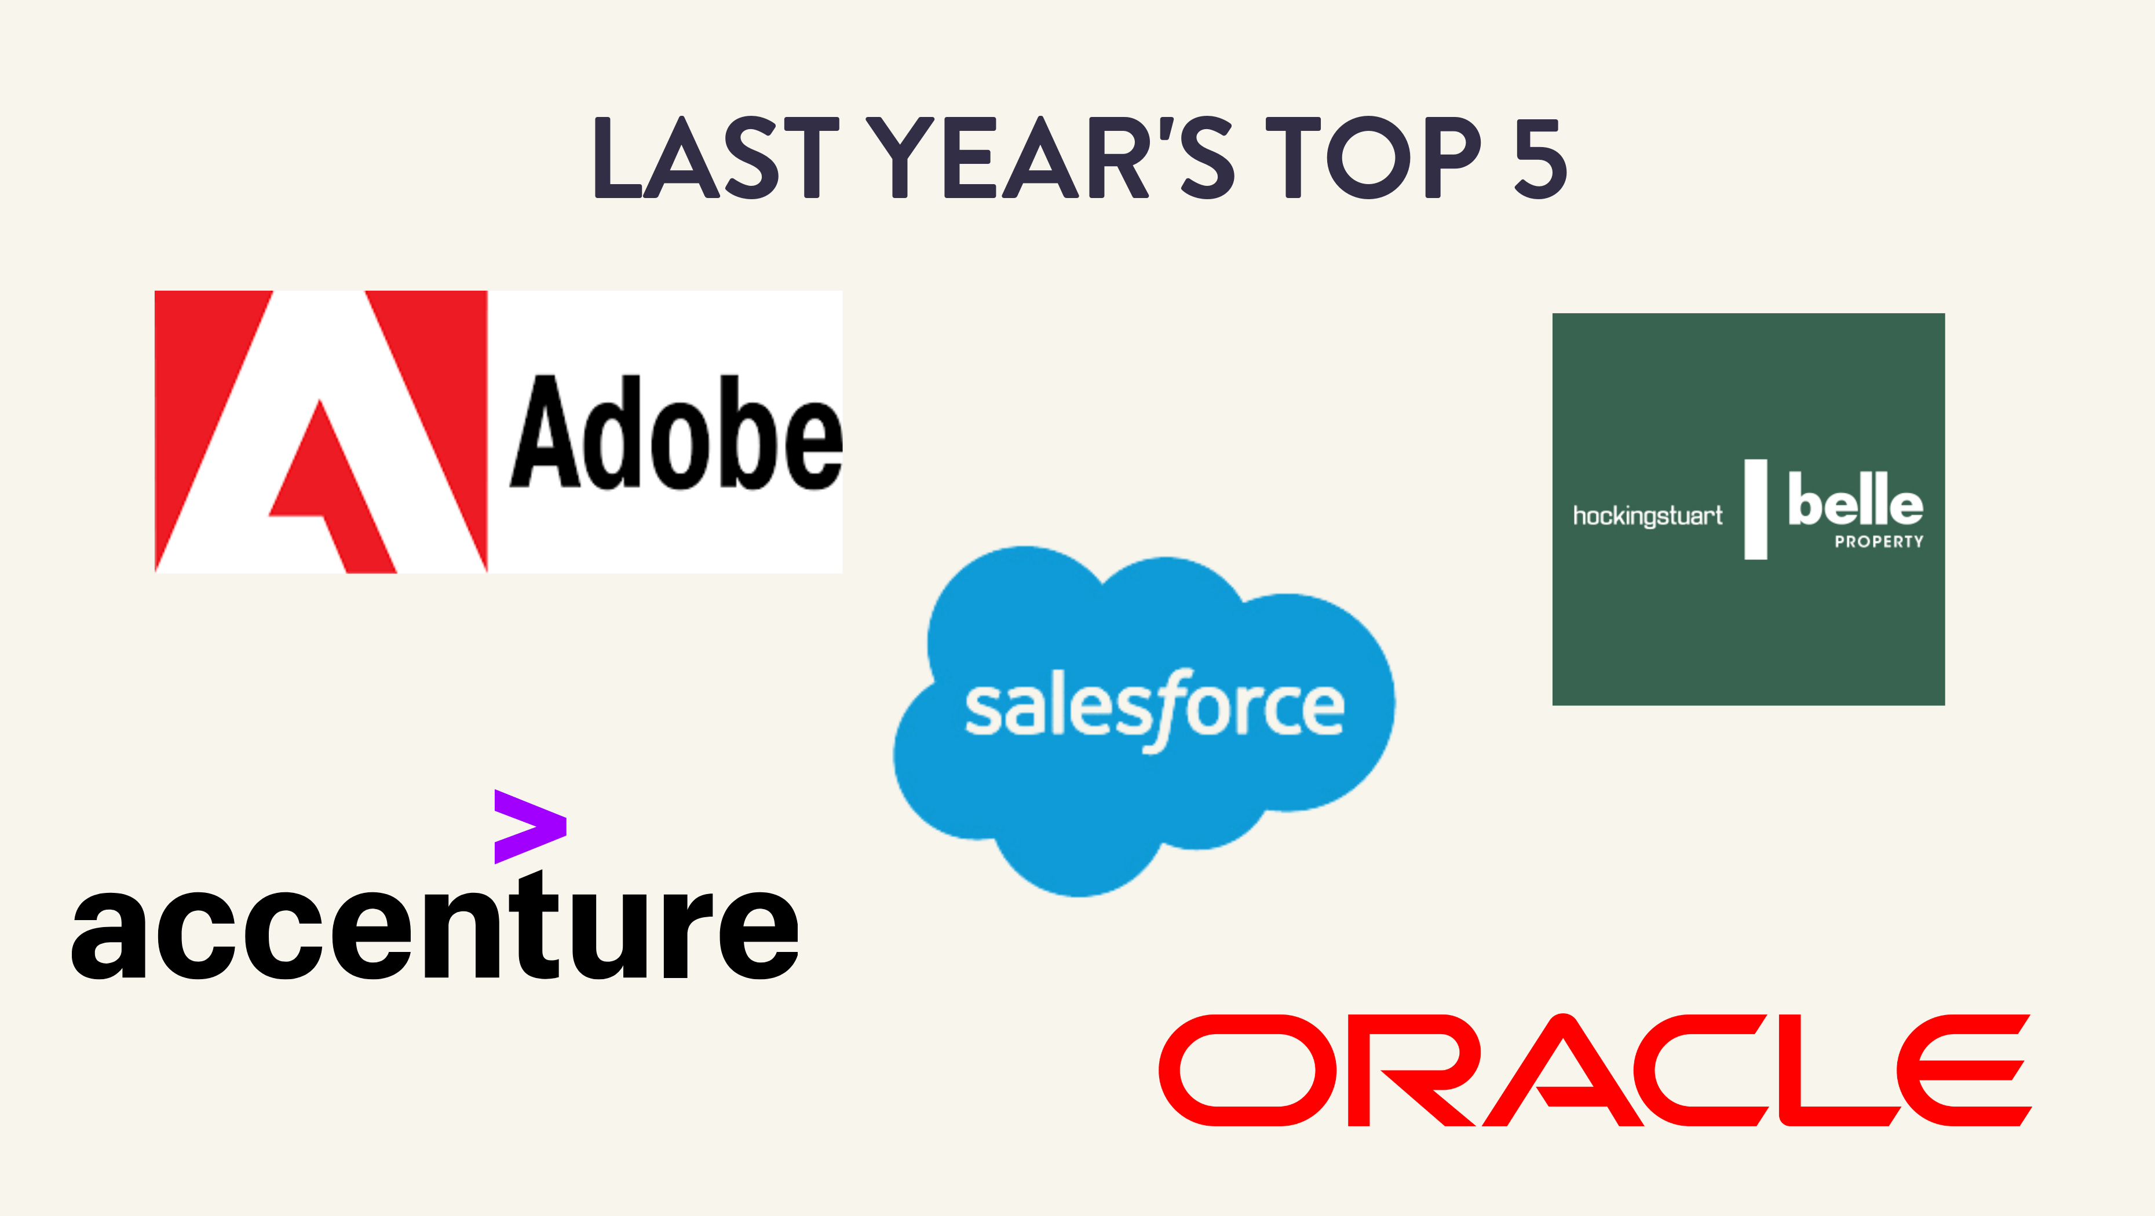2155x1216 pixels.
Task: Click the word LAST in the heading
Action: (x=716, y=158)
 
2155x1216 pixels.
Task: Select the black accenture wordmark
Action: (x=435, y=924)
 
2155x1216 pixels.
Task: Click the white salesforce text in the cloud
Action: (x=1155, y=710)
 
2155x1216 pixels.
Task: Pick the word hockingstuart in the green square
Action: (x=1647, y=515)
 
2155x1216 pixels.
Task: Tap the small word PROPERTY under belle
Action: (x=1879, y=542)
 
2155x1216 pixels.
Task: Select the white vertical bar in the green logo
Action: (x=1755, y=508)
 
